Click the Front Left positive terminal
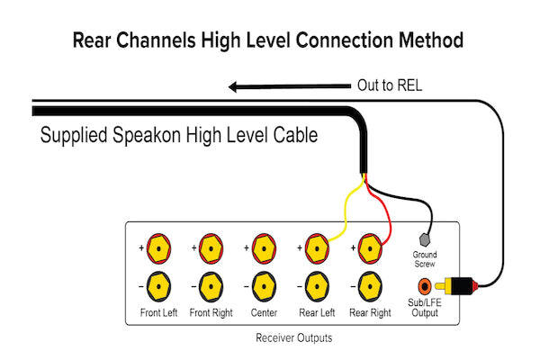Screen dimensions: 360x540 [158, 247]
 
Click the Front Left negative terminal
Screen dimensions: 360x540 [158, 287]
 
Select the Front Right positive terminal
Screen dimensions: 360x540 [211, 247]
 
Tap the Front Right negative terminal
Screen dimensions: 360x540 [211, 287]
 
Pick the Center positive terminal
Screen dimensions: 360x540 [264, 247]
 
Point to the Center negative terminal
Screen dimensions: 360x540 [264, 287]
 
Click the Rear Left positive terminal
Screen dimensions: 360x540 [316, 247]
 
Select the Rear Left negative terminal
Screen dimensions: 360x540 [316, 287]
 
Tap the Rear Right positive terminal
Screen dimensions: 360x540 [370, 247]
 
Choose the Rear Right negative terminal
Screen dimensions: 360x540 [370, 287]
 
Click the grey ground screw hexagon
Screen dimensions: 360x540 [427, 242]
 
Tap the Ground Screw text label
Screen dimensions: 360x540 [427, 262]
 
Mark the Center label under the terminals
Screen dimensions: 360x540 [264, 313]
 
